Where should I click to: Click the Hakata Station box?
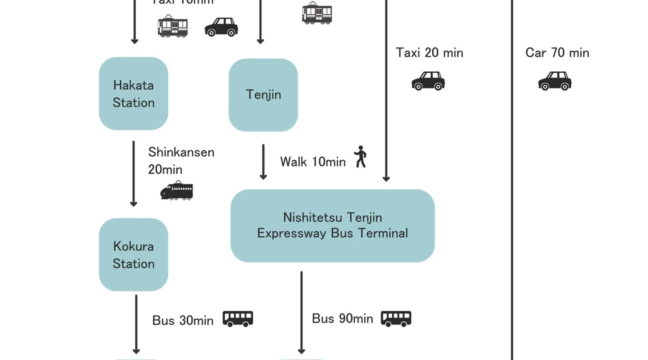pyautogui.click(x=133, y=94)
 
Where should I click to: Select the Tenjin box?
pyautogui.click(x=263, y=95)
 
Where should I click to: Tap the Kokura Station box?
pyautogui.click(x=133, y=255)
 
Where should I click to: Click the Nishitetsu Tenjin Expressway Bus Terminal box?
pyautogui.click(x=332, y=226)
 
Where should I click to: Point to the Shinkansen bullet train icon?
pyautogui.click(x=176, y=191)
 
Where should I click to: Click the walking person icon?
pyautogui.click(x=360, y=157)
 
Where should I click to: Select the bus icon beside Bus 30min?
pyautogui.click(x=238, y=319)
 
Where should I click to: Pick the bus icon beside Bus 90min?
pyautogui.click(x=396, y=319)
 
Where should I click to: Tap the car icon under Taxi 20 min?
pyautogui.click(x=428, y=81)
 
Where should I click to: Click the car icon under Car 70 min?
pyautogui.click(x=554, y=81)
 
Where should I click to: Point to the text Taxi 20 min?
pyautogui.click(x=429, y=53)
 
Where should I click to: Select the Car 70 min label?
pyautogui.click(x=557, y=53)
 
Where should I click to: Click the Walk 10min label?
pyautogui.click(x=312, y=162)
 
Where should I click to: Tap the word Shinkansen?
pyautogui.click(x=181, y=152)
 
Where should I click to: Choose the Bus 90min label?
pyautogui.click(x=342, y=319)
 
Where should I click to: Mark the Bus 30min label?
pyautogui.click(x=183, y=320)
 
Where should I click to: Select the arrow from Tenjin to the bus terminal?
pyautogui.click(x=263, y=162)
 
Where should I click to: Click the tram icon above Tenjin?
pyautogui.click(x=317, y=13)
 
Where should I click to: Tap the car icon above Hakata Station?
pyautogui.click(x=221, y=27)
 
